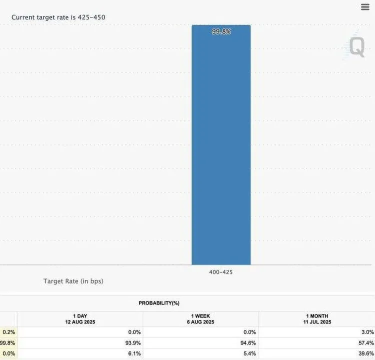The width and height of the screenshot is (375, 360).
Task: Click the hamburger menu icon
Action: (x=365, y=7)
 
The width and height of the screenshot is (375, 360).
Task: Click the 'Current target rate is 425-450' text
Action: (x=58, y=17)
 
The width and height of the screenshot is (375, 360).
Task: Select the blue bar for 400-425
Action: (x=221, y=150)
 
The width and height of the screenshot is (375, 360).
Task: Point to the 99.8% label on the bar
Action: (x=221, y=31)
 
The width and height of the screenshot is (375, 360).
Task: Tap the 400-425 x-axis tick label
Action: (x=221, y=272)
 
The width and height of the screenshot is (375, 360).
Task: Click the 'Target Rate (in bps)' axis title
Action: (x=73, y=281)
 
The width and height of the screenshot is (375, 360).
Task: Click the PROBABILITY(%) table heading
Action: (x=159, y=303)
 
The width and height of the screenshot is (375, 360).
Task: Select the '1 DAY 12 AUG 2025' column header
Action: (x=80, y=319)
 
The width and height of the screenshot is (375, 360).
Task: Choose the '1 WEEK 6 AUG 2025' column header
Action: (x=200, y=319)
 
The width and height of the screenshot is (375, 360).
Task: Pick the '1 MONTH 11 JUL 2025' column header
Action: (x=316, y=319)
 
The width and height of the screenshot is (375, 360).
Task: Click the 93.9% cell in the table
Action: (x=133, y=342)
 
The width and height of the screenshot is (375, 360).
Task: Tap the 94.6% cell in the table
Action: (x=248, y=342)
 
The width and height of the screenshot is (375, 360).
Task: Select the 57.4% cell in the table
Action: (x=366, y=342)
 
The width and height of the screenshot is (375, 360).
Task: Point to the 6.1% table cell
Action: (x=134, y=353)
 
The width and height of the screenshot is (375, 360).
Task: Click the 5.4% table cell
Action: (x=249, y=353)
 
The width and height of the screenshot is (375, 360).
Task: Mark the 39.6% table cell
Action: (x=366, y=353)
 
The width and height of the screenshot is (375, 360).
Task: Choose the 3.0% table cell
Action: (x=367, y=332)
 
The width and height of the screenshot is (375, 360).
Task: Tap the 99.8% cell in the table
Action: (x=7, y=342)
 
